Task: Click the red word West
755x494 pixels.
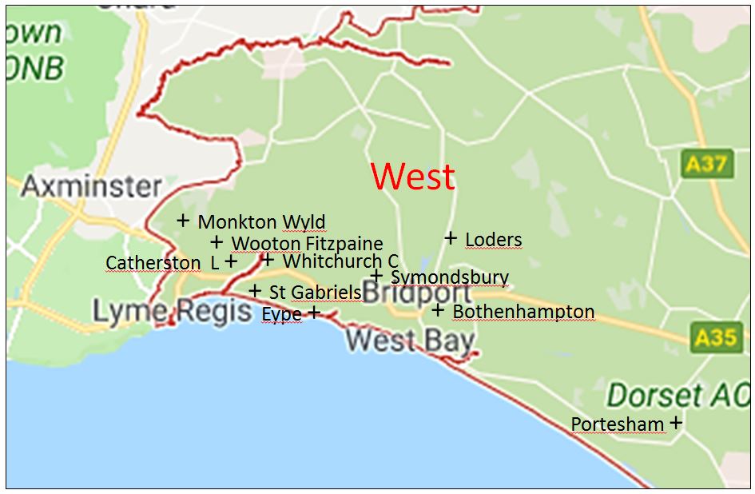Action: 413,177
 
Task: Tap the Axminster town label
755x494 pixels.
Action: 91,186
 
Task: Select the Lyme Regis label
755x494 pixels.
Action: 172,311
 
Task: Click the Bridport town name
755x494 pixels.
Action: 417,292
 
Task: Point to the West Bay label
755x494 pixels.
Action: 391,341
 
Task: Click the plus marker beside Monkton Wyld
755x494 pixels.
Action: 183,220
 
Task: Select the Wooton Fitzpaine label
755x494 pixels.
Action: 307,243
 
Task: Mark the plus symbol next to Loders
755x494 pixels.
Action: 451,237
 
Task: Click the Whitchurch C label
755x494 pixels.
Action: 340,261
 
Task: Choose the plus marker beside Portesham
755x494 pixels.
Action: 676,421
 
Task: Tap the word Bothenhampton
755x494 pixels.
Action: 523,311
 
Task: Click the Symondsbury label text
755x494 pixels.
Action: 449,277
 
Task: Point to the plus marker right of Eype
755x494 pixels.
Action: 313,312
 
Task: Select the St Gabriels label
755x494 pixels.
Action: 315,293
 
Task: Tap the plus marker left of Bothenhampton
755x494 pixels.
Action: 438,309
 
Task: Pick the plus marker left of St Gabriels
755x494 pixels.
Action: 255,291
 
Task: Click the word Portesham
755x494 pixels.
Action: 618,424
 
